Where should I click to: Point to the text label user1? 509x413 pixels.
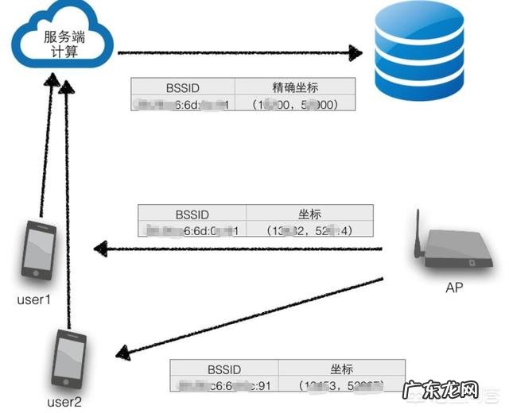point(34,301)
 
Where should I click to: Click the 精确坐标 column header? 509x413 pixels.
point(294,87)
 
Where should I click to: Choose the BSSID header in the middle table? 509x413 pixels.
point(192,214)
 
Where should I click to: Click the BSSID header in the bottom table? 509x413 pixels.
point(223,369)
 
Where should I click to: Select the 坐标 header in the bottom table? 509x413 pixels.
point(342,369)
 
